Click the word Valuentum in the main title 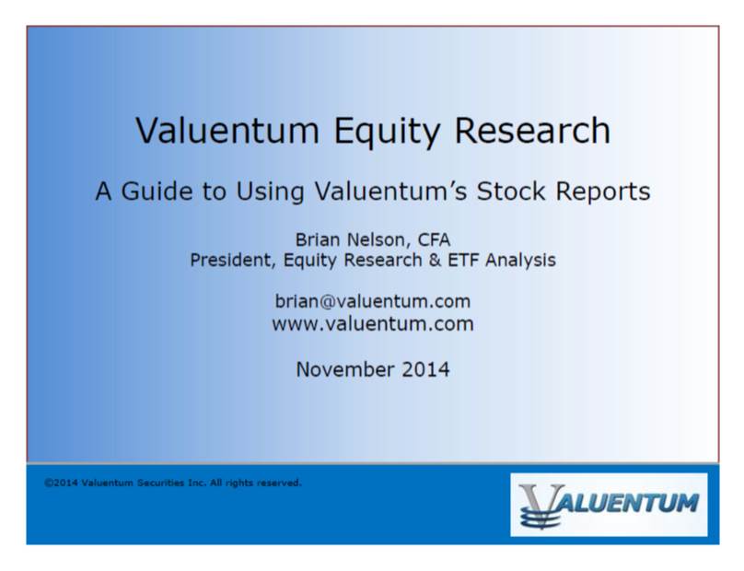(x=227, y=131)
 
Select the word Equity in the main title (x=387, y=132)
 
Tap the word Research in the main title (x=533, y=131)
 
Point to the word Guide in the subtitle (x=157, y=192)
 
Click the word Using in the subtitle (x=270, y=193)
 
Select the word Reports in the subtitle (x=602, y=193)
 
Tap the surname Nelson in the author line (x=379, y=240)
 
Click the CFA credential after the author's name (x=434, y=239)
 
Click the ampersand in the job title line (x=436, y=260)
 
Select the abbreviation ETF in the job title (x=463, y=260)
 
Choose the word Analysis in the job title (x=520, y=261)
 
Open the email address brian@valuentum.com (x=373, y=301)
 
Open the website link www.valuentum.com (x=373, y=324)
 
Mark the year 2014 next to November (x=425, y=369)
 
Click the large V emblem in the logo (x=541, y=506)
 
